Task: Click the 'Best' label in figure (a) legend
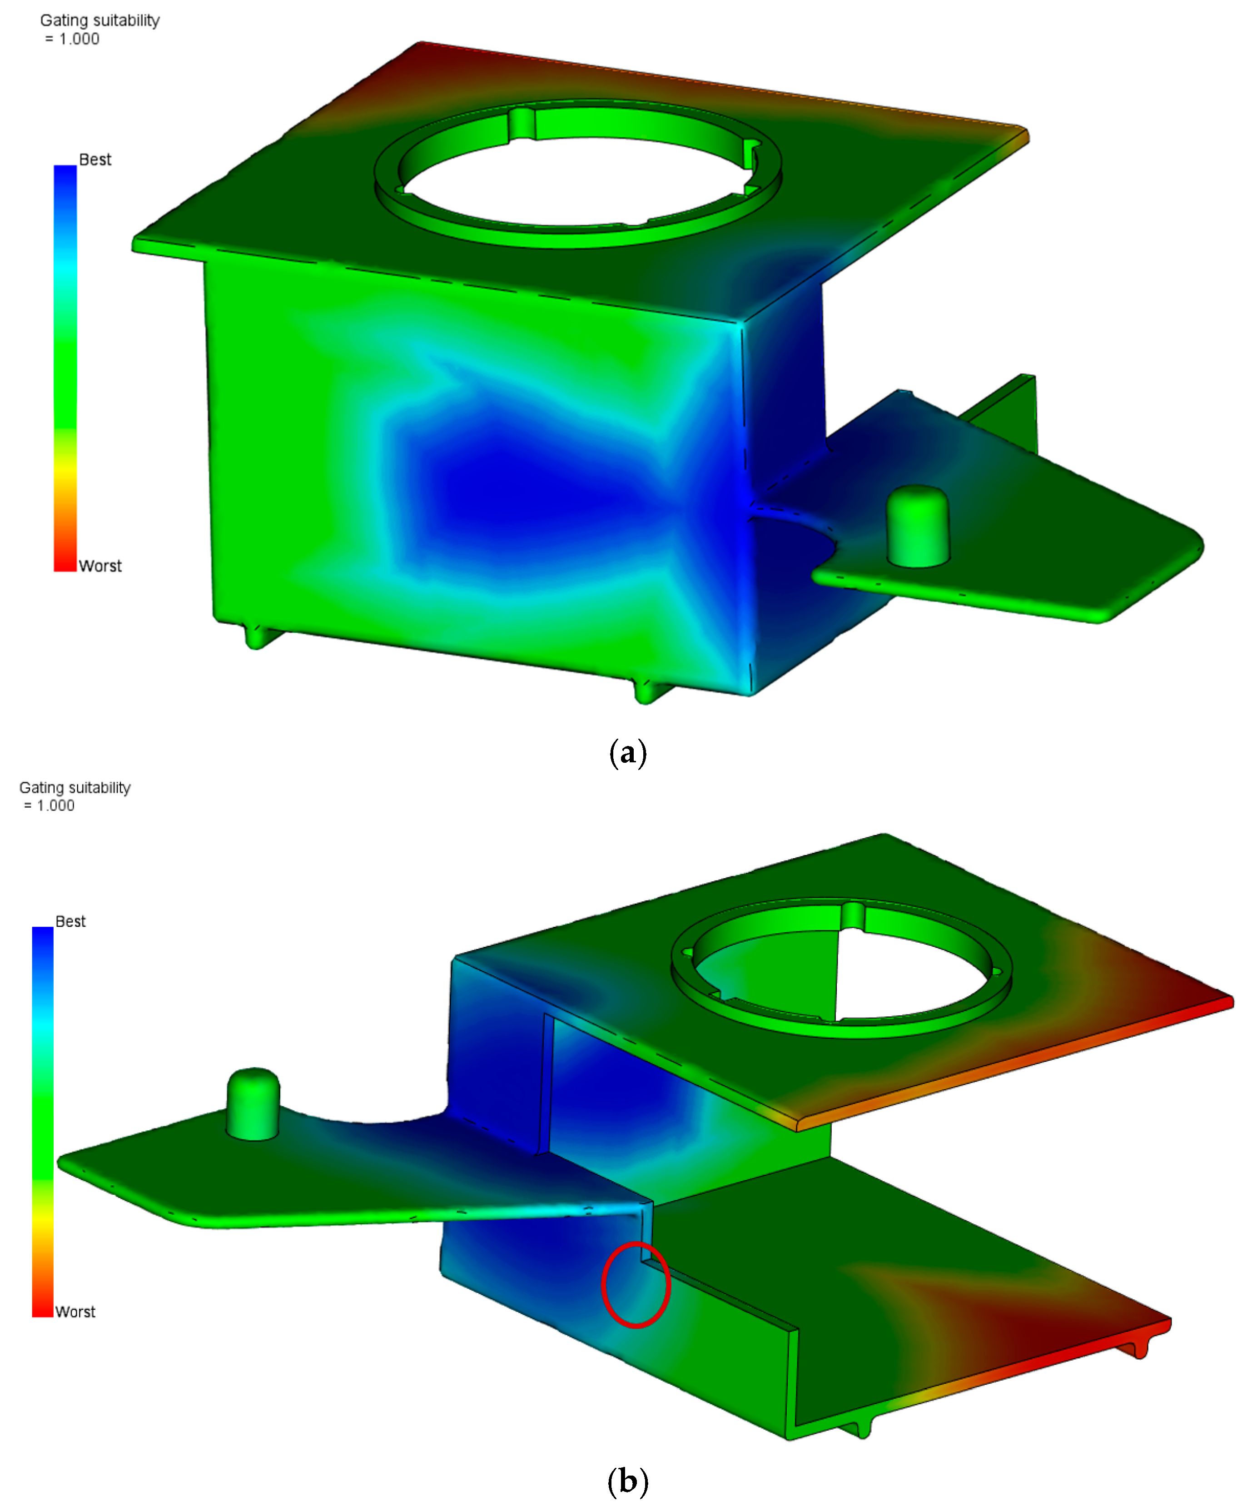[95, 159]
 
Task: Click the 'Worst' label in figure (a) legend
[100, 566]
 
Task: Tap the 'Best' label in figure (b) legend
[70, 921]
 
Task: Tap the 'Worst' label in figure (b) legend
[75, 1312]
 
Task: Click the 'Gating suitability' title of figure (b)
[75, 788]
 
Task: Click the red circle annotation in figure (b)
[636, 1285]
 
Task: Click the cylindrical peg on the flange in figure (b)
[253, 1104]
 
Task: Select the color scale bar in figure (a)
[65, 368]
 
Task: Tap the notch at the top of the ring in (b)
[853, 916]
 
